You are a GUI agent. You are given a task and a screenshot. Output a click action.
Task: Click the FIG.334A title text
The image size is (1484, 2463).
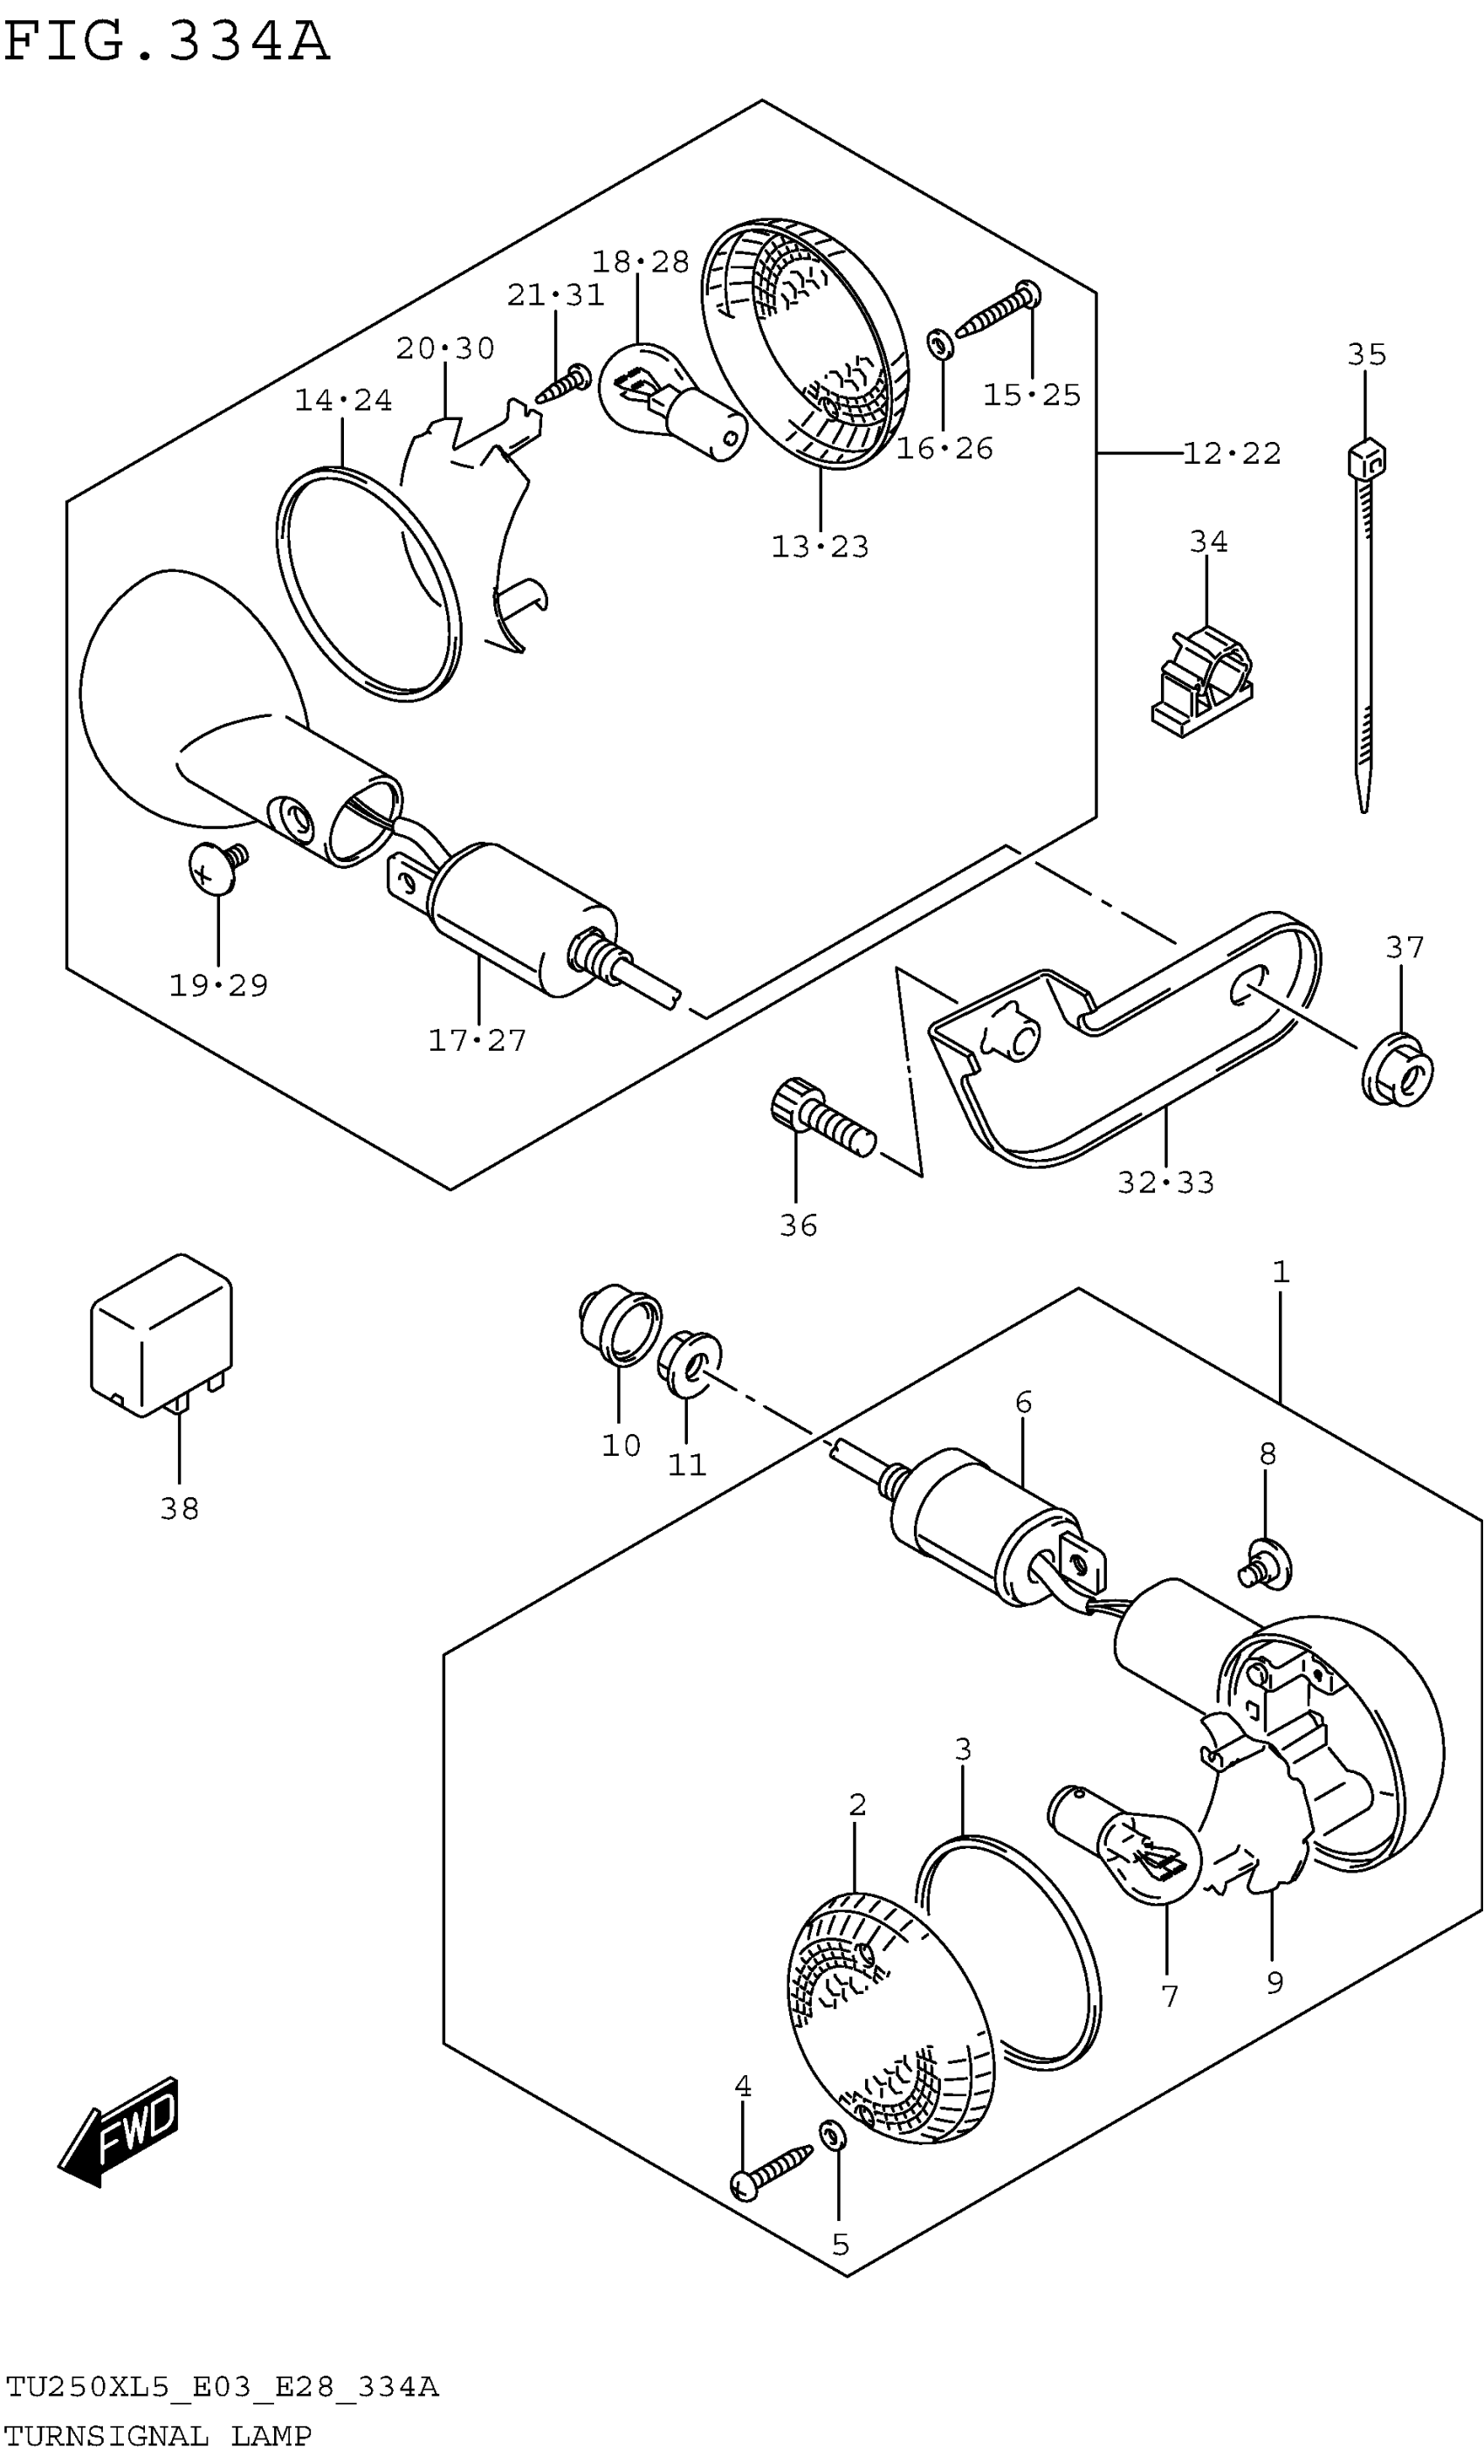(x=166, y=42)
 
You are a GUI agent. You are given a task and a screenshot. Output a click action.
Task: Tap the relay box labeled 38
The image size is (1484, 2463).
(x=161, y=1335)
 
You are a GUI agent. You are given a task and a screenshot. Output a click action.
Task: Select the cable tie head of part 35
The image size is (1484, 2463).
(x=1366, y=459)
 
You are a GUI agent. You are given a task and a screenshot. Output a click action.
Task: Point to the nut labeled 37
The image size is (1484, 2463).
(x=1397, y=1071)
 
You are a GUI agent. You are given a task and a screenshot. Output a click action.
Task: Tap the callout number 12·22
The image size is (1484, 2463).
(x=1231, y=454)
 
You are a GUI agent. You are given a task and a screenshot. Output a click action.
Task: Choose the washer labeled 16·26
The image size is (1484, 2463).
(x=940, y=345)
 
